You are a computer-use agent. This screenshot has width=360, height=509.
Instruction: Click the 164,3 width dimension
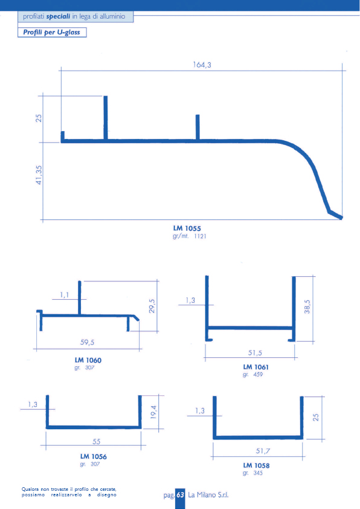202,65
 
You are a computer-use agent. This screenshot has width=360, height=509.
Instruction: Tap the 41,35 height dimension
39,175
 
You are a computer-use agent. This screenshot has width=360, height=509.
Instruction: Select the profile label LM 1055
187,229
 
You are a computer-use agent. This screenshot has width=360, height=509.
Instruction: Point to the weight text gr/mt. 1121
190,236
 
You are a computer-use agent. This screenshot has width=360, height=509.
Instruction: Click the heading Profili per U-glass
51,33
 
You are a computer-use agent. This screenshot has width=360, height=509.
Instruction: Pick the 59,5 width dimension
87,342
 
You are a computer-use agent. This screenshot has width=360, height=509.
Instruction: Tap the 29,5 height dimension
152,306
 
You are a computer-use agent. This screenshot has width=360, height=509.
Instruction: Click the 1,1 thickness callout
64,295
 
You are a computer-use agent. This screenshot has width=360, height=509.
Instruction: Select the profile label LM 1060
88,360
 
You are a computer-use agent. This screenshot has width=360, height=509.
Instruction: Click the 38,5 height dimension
307,306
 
